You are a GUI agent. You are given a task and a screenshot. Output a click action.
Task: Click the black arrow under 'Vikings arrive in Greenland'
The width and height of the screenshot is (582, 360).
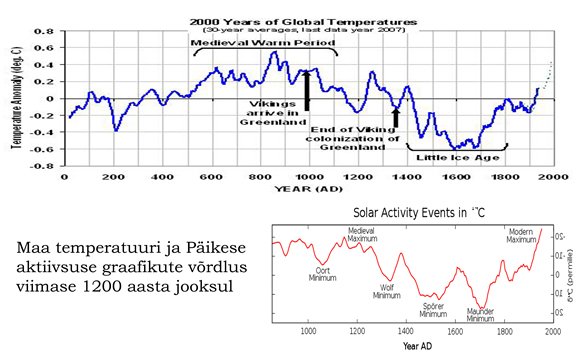point(307,89)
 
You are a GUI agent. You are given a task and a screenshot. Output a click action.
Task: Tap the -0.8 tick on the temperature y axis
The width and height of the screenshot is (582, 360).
point(45,166)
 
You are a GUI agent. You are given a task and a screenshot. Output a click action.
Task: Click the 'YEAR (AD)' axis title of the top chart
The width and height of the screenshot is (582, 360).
point(307,189)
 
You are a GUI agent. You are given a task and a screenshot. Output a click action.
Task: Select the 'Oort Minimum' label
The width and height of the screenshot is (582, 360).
point(320,272)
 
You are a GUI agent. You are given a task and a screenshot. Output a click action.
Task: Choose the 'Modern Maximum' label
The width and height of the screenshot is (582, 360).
point(522,237)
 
